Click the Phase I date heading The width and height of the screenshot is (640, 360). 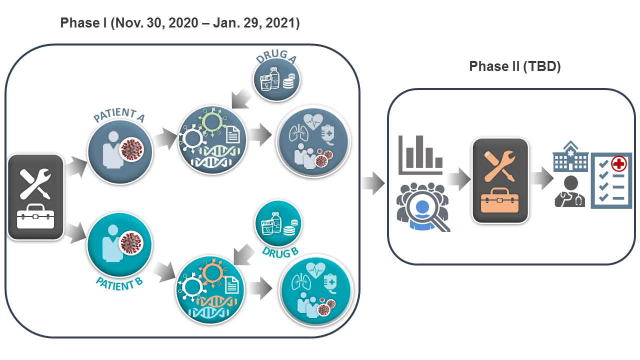pos(180,23)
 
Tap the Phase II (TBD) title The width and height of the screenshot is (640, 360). pos(515,66)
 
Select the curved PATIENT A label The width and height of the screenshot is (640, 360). pos(119,114)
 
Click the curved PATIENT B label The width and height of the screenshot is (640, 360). pos(119,283)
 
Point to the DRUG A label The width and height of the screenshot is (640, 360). pos(276,56)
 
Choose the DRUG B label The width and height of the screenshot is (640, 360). pos(280,252)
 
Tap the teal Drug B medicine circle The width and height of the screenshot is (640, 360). pos(278,223)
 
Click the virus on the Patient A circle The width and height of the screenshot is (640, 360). pos(131,149)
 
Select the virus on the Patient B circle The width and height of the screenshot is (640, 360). pos(131,243)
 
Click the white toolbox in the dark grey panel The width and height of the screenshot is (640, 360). pos(35,216)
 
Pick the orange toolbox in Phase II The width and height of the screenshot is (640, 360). pos(499,200)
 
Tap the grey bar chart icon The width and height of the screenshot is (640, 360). pos(420,154)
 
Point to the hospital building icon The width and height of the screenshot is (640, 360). pos(570,156)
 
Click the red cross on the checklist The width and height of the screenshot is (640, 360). pos(619,164)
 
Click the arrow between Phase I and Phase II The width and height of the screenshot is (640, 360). pos(373,183)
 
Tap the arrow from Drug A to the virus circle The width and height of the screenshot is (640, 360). pos(242,98)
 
